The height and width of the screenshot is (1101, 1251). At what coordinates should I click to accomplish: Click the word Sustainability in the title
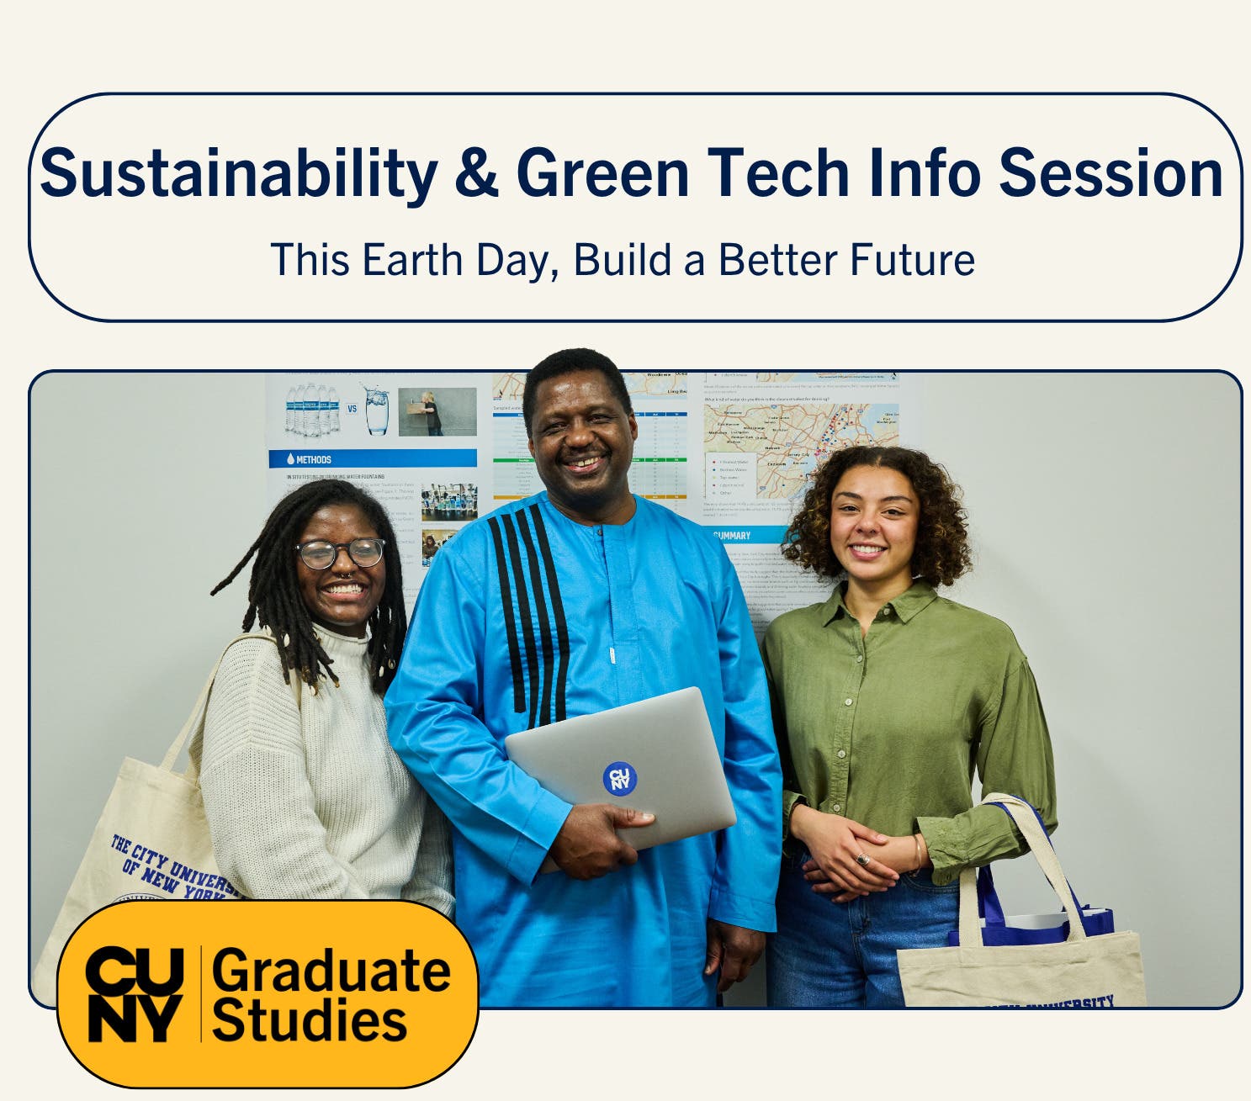pos(238,174)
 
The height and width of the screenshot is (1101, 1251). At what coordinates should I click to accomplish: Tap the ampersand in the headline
pos(476,172)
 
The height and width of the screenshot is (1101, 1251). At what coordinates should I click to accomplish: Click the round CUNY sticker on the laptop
pos(619,779)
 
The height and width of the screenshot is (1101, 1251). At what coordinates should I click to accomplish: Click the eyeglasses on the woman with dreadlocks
pos(341,553)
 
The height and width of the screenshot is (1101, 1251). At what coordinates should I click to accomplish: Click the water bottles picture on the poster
pos(312,410)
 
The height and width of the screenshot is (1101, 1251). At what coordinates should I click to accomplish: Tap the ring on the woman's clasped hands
pos(862,859)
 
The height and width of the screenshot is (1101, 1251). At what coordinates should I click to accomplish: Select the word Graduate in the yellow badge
pos(331,971)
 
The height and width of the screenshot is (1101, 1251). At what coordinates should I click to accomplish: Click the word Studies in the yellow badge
pos(310,1021)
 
